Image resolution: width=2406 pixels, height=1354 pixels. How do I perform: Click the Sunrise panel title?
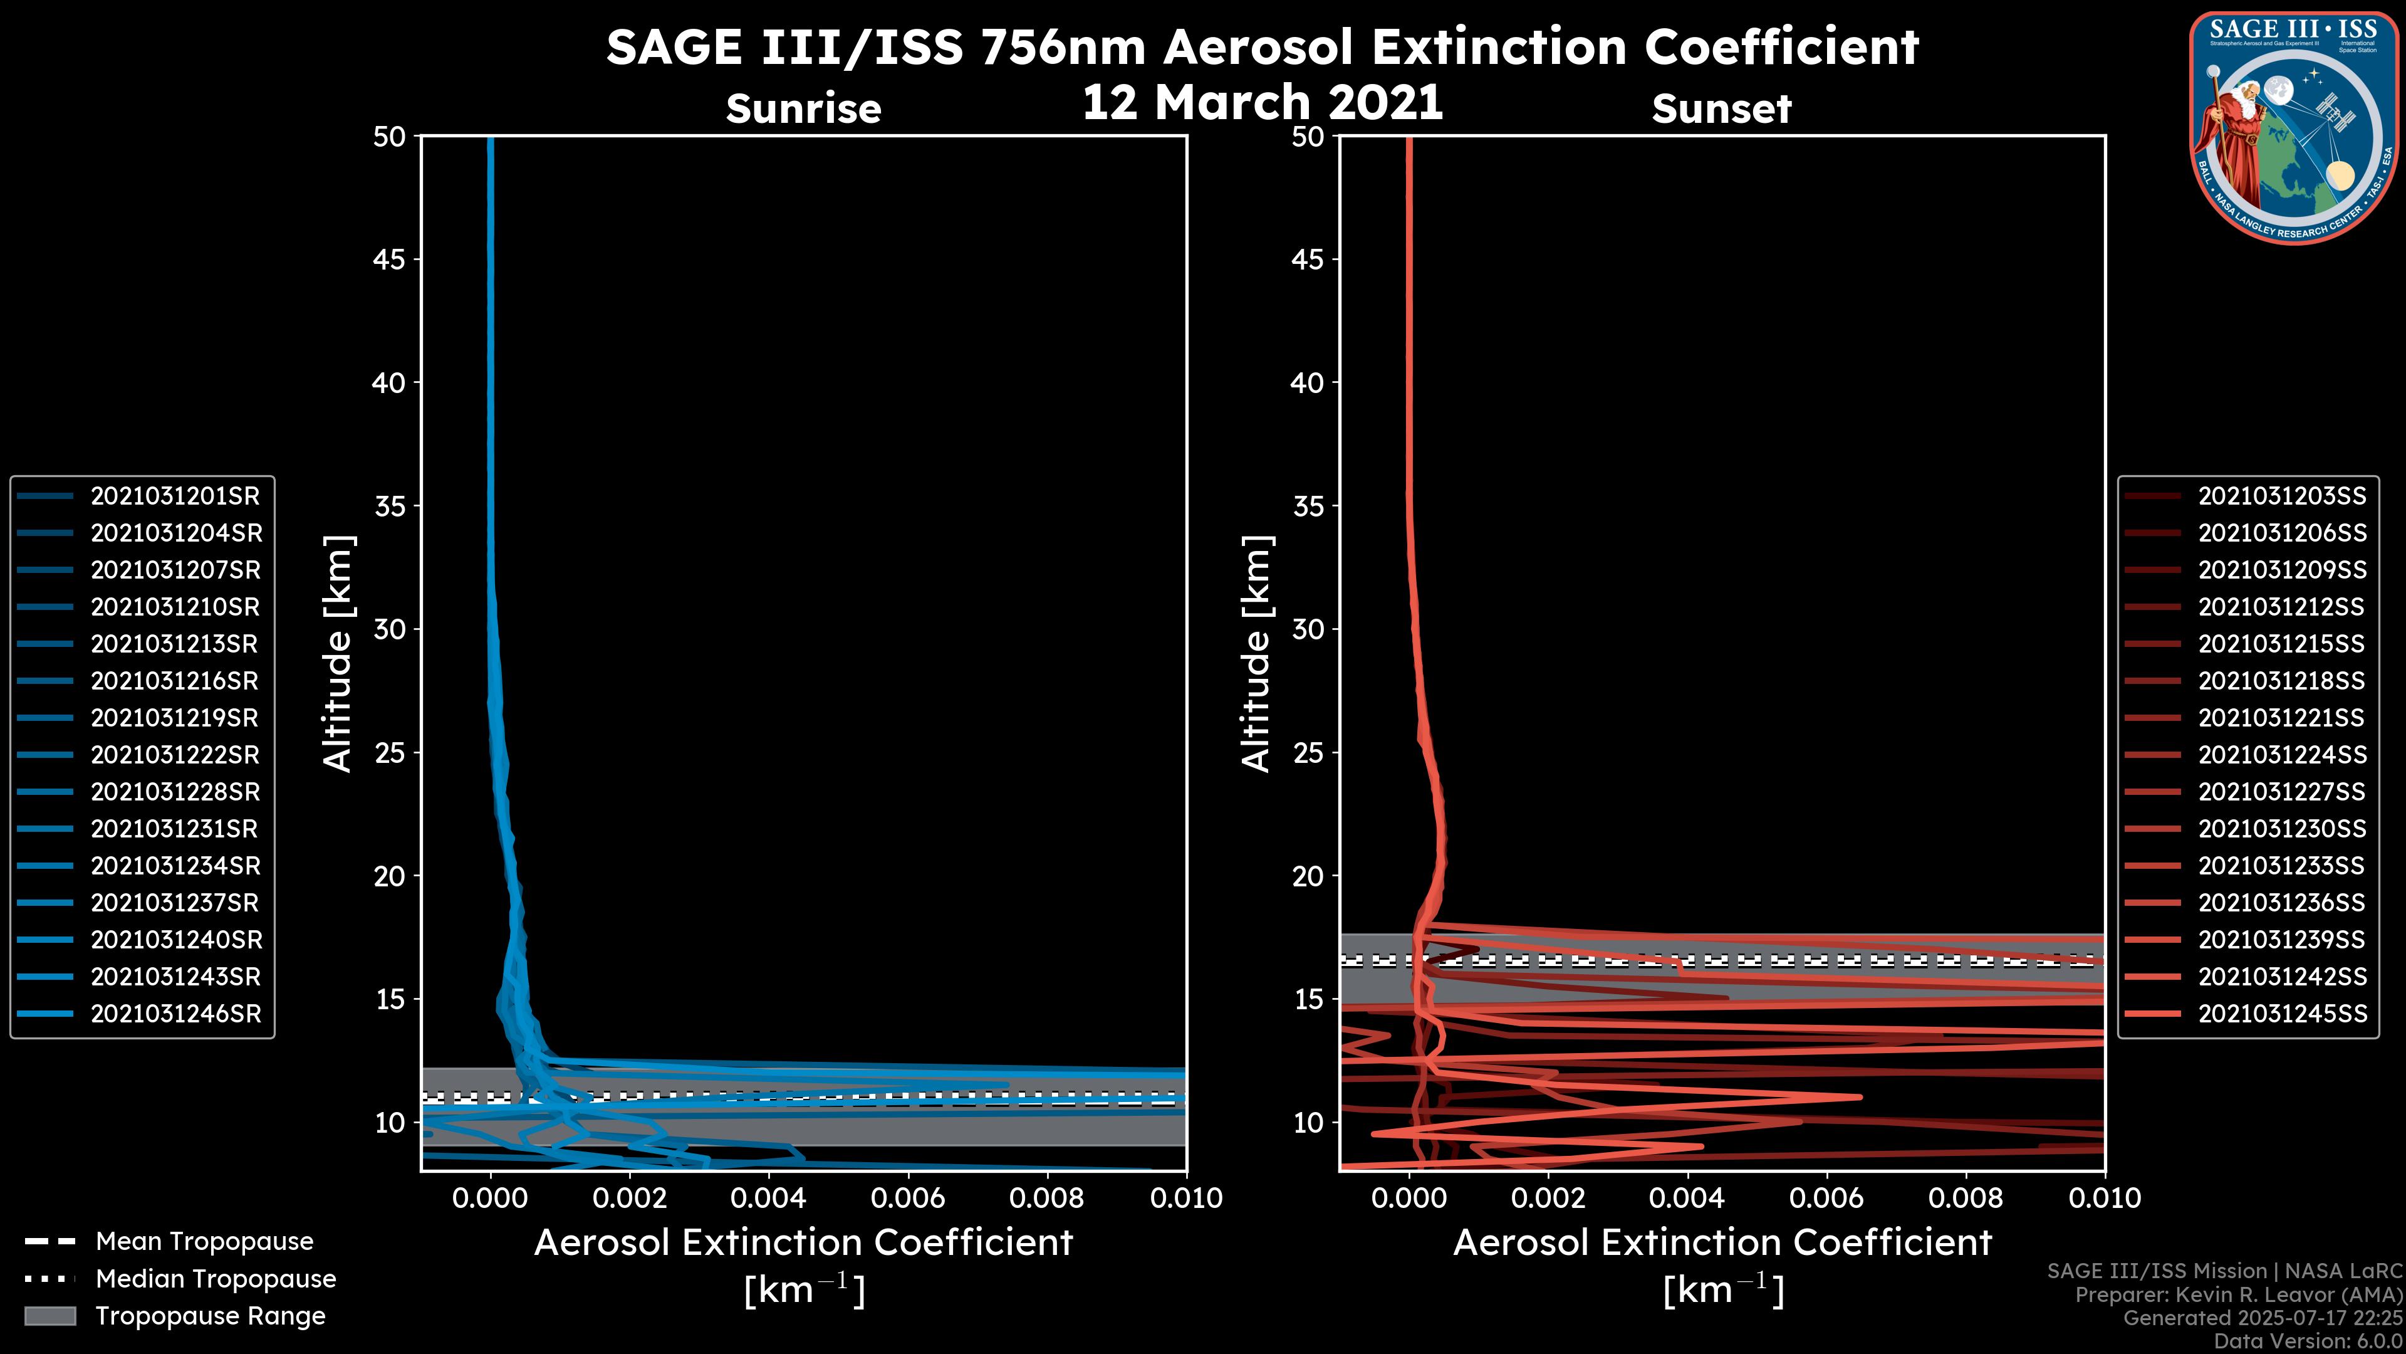803,108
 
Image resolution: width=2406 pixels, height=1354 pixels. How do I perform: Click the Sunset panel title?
1721,108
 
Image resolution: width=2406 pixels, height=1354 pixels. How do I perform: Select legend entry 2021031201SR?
175,496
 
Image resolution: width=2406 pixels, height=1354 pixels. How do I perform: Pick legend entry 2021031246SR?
175,1014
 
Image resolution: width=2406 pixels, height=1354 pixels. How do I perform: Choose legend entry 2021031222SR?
175,755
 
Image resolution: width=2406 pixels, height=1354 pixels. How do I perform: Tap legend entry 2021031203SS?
2282,496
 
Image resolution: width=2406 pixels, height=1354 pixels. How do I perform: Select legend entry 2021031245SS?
2282,1014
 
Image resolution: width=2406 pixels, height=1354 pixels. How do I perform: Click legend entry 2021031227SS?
2282,792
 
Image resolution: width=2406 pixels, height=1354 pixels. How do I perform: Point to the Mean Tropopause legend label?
204,1241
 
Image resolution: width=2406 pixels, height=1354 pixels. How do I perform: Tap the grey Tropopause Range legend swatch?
49,1316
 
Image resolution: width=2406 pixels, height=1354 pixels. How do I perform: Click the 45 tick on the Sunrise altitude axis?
390,259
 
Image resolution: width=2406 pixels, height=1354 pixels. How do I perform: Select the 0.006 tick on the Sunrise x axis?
908,1198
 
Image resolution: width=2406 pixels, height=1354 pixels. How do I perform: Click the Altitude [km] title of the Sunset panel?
1256,653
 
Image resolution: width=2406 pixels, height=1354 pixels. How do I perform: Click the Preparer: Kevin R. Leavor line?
2238,1295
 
